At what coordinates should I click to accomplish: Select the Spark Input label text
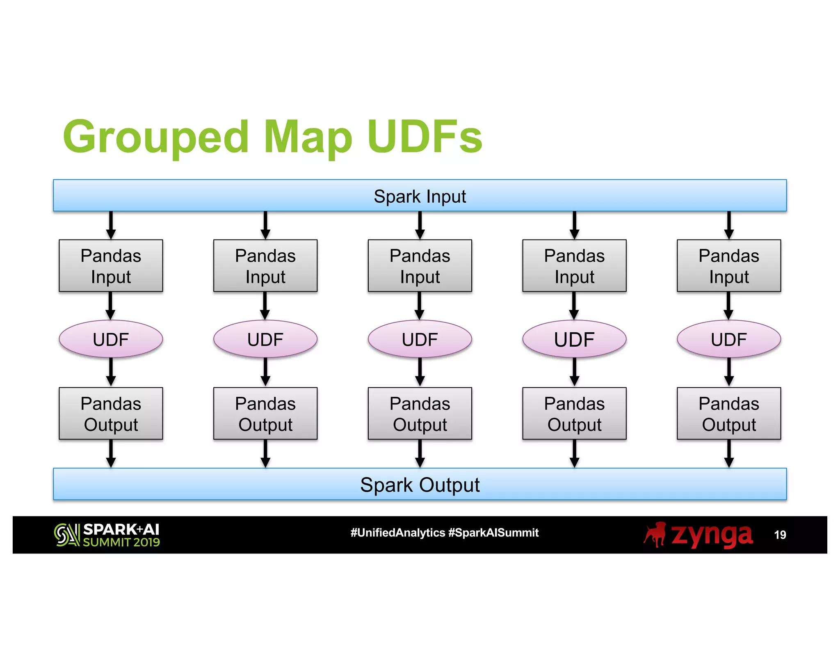pos(420,197)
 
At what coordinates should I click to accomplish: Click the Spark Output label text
pos(420,485)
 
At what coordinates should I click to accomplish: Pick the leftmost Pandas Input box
pos(111,266)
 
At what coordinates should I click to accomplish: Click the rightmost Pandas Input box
pos(728,266)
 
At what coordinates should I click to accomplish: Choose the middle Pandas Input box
pos(420,266)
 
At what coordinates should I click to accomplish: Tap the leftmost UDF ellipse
pos(111,339)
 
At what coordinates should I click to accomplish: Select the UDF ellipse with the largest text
pos(574,339)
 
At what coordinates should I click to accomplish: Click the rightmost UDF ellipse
pos(728,339)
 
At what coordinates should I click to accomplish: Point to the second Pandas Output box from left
pos(265,414)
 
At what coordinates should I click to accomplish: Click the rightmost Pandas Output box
pos(728,414)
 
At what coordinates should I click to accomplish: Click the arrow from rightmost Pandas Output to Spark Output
pos(728,453)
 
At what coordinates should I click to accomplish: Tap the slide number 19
pos(780,535)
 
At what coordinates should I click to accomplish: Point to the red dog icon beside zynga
pos(655,535)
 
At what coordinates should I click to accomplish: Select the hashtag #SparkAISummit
pos(493,533)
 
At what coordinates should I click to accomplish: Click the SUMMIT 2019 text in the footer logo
pos(121,542)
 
